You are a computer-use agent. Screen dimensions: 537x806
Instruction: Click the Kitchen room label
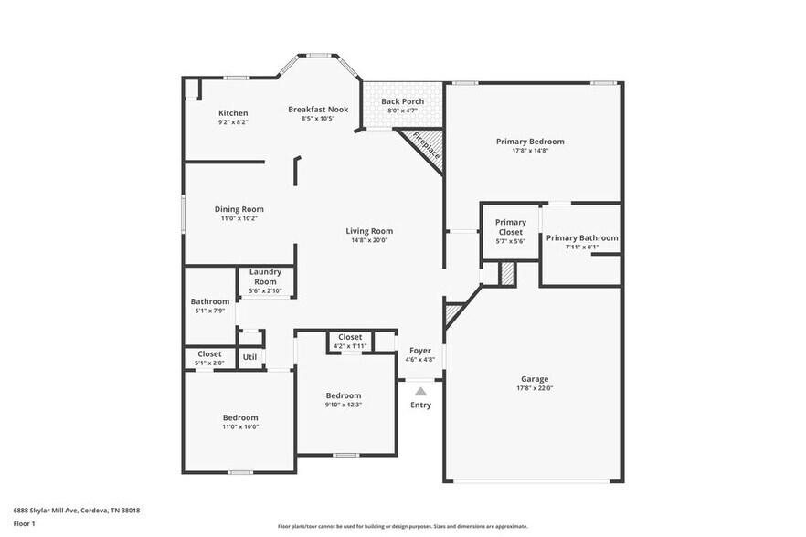[233, 112]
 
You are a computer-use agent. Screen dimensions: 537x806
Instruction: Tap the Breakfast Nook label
[318, 109]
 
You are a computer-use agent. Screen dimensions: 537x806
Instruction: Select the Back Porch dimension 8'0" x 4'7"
[402, 111]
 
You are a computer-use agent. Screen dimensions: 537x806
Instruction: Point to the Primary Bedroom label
[530, 142]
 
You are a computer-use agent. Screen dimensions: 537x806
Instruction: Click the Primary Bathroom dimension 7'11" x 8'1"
[582, 247]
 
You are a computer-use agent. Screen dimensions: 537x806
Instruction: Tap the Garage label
[535, 378]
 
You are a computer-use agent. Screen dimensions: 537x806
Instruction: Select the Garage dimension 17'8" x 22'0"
[535, 388]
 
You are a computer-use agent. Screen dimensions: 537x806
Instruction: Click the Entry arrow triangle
[420, 391]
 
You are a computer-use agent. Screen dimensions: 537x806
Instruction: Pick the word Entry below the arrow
[420, 405]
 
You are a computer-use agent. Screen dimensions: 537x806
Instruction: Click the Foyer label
[420, 350]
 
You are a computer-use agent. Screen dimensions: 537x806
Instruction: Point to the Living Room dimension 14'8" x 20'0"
[370, 240]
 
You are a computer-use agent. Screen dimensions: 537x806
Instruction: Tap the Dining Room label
[239, 209]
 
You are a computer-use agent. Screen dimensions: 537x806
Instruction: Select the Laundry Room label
[266, 277]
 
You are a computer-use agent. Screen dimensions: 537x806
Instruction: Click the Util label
[249, 357]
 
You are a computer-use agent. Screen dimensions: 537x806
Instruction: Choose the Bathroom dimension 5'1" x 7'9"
[209, 311]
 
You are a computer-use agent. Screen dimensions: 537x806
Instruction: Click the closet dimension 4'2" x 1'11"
[350, 346]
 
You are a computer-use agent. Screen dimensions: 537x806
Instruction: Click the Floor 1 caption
[24, 523]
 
